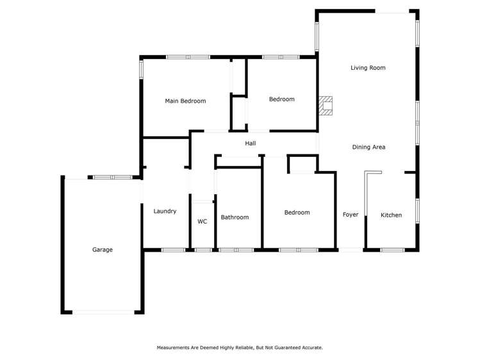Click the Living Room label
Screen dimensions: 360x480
[x=368, y=67]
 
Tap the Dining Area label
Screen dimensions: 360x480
[x=368, y=147]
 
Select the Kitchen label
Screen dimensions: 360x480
[x=391, y=215]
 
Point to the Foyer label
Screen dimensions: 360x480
[x=351, y=215]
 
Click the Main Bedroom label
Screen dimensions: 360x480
[x=185, y=101]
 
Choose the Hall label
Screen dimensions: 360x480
[x=250, y=143]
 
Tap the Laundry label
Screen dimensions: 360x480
[x=165, y=211]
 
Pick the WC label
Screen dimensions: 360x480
[x=202, y=222]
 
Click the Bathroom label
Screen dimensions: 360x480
[x=235, y=217]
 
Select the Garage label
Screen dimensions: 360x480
[x=103, y=250]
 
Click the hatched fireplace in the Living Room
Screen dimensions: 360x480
[x=327, y=106]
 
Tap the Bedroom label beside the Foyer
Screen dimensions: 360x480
[x=297, y=213]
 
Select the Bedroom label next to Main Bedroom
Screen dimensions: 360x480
[x=281, y=99]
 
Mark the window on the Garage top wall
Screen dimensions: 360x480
[x=113, y=177]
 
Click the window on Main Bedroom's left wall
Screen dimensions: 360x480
[x=141, y=69]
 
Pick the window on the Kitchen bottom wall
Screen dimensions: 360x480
[x=392, y=249]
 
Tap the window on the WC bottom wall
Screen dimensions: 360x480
[x=203, y=249]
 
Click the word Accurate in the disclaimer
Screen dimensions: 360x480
[x=311, y=348]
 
